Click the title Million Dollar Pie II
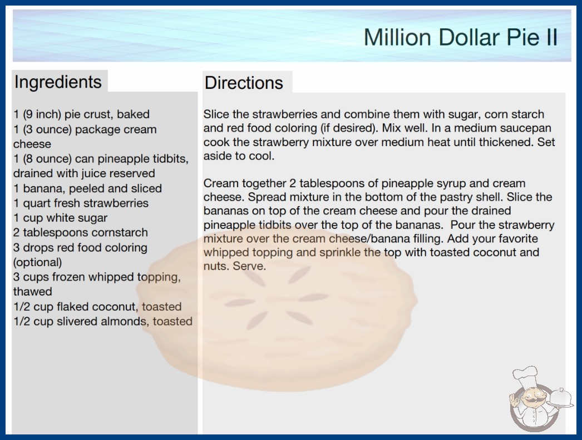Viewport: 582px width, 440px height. point(460,37)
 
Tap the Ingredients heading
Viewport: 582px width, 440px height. point(58,82)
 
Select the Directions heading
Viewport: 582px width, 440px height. point(244,83)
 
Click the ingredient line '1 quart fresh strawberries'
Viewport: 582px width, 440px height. point(81,203)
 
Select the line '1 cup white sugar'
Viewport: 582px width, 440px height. point(61,218)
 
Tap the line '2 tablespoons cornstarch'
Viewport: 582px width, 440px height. point(81,232)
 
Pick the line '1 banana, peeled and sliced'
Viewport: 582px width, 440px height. point(87,188)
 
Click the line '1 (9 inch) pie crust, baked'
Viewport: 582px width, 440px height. point(82,114)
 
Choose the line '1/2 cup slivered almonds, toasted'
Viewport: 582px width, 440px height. point(103,321)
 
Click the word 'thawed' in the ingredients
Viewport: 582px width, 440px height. point(33,291)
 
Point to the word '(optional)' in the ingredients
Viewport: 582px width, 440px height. point(37,262)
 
